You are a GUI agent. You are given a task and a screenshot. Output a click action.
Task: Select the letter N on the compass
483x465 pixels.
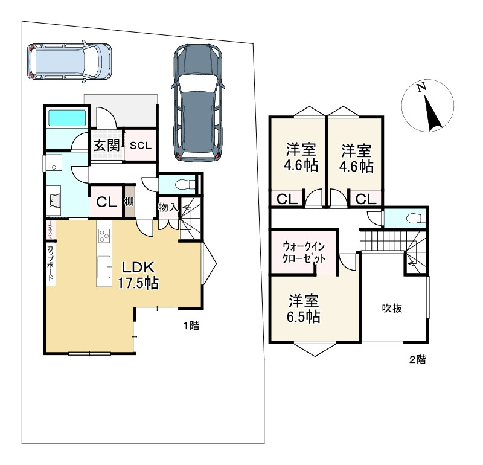point(422,88)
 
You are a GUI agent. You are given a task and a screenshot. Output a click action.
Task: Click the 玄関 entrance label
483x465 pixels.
point(106,145)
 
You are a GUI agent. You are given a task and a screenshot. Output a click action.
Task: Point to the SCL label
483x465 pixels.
point(141,145)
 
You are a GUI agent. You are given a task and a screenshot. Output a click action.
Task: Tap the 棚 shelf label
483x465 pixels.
point(129,202)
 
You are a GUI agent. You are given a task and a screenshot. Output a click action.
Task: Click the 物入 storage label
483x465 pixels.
point(168,207)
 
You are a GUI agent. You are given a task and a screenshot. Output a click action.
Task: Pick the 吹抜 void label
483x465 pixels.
point(392,308)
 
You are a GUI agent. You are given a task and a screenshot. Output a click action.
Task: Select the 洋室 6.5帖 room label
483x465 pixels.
point(304,309)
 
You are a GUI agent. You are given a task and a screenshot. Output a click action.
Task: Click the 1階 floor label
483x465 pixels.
point(191,326)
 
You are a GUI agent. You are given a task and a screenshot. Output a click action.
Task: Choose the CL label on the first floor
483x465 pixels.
point(106,202)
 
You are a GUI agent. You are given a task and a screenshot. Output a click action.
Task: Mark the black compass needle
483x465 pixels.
point(432,114)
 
